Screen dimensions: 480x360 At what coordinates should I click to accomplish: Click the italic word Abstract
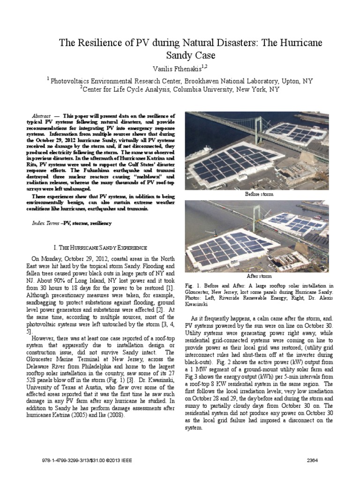tap(41, 115)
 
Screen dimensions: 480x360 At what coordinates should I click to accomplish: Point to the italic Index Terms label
tap(45, 224)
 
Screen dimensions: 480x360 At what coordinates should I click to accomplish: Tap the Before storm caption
tap(259, 194)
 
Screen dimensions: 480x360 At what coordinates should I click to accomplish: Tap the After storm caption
tap(259, 276)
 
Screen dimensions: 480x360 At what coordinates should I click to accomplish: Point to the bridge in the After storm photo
tap(234, 211)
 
